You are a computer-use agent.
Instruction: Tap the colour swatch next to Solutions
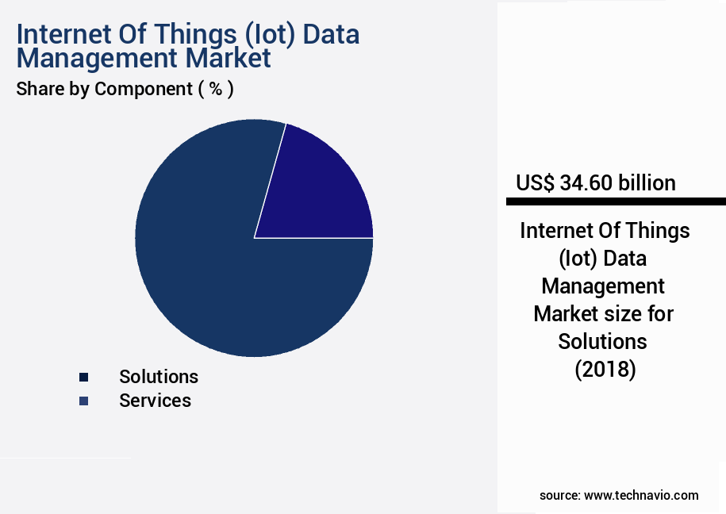(83, 377)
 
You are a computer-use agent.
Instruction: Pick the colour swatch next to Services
(83, 401)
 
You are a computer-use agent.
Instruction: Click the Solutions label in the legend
(159, 376)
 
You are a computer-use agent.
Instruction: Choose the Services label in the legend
(155, 401)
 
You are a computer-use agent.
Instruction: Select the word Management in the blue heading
(95, 58)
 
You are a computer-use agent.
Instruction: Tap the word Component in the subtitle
(143, 89)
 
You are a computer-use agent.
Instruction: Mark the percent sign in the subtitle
(215, 89)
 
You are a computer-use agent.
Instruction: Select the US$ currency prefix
(536, 183)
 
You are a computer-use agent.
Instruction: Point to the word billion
(646, 183)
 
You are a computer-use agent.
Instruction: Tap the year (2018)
(605, 369)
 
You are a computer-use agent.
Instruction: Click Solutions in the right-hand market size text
(603, 341)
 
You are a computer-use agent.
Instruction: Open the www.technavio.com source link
(641, 495)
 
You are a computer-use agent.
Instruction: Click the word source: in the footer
(560, 495)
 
